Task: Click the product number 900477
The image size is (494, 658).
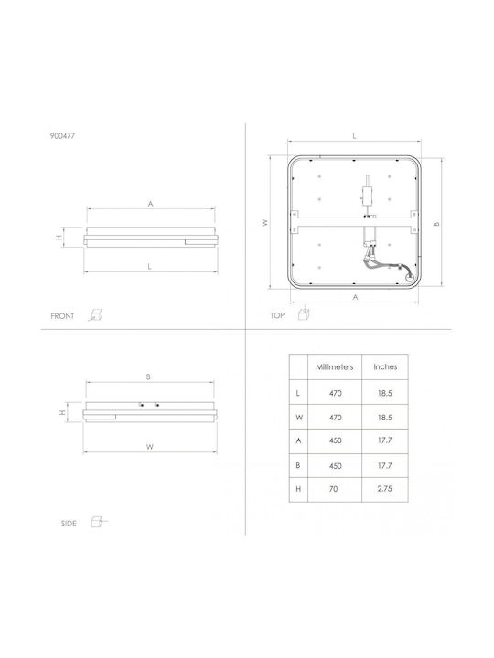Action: [62, 136]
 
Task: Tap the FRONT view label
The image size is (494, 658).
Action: [62, 316]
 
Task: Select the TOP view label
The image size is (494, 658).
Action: [277, 315]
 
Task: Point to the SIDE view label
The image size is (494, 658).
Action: [69, 524]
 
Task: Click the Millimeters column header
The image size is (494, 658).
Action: [335, 366]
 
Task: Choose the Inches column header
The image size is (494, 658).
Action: [385, 366]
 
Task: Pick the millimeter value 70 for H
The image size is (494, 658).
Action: [334, 489]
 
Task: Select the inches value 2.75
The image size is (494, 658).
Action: [385, 489]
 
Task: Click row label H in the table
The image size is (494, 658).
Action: [298, 489]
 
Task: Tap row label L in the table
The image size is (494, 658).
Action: [298, 393]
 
